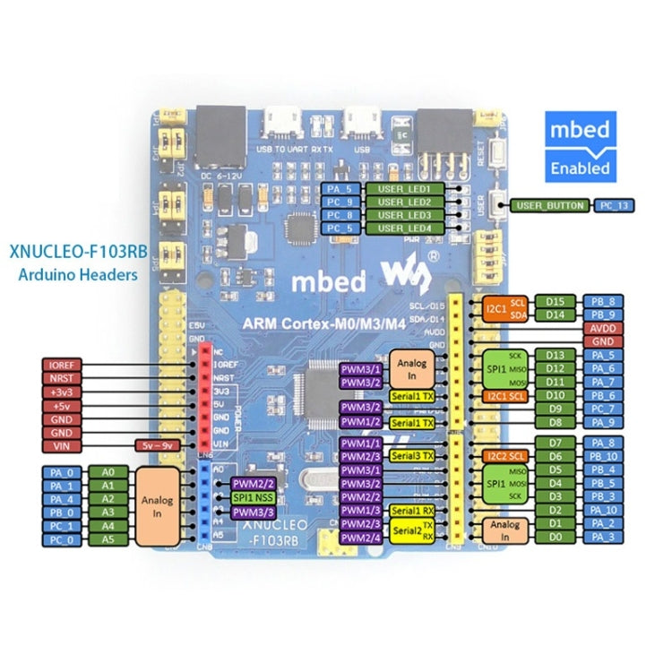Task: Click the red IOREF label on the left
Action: click(67, 365)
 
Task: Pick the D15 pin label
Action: click(555, 301)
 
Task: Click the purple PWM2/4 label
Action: click(361, 537)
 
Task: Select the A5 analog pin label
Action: click(108, 539)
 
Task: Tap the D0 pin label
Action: click(555, 537)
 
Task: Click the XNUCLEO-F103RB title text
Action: click(72, 253)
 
